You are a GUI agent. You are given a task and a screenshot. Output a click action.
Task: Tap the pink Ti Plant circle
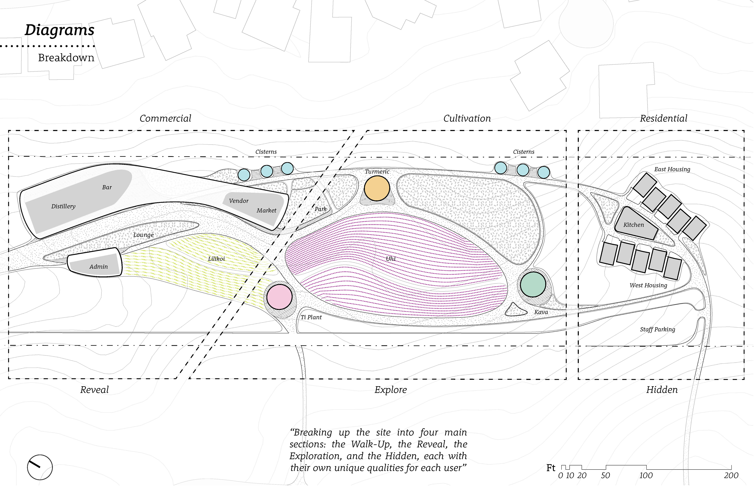pos(279,297)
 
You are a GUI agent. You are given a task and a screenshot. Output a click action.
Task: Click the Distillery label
pos(63,206)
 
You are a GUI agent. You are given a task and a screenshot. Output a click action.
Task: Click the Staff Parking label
pos(657,329)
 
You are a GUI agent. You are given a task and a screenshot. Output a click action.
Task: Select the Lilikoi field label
pos(216,259)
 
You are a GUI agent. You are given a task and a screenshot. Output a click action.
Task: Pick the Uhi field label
pos(391,259)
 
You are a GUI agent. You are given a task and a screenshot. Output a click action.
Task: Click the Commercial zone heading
pos(165,119)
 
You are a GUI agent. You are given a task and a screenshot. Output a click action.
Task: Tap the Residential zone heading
pos(663,119)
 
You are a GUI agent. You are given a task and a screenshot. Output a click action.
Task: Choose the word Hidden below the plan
pos(662,390)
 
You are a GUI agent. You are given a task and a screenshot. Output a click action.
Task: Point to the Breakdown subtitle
pos(66,58)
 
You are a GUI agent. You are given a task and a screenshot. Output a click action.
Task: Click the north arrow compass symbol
pos(40,467)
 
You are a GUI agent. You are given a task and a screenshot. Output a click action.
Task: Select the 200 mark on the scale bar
pos(731,476)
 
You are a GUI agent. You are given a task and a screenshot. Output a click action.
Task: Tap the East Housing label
pos(672,169)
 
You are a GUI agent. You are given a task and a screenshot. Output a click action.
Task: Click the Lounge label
pos(144,235)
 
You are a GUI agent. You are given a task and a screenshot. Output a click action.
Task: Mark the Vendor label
pos(239,201)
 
